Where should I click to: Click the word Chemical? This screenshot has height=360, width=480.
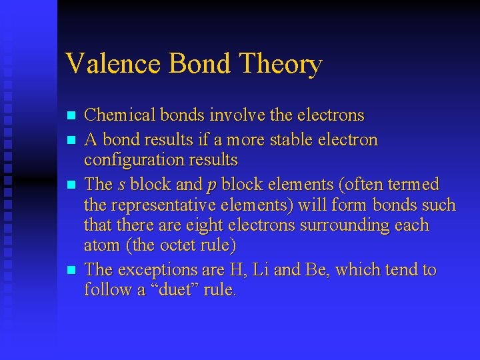(x=118, y=115)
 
